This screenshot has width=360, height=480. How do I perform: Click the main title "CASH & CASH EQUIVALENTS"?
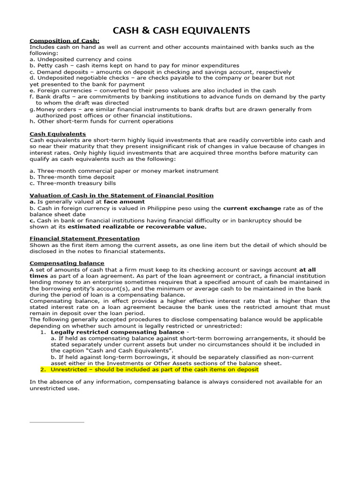pyautogui.click(x=181, y=31)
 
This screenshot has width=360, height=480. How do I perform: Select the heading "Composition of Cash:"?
pyautogui.click(x=65, y=41)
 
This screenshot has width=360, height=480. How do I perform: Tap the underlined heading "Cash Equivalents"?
pyautogui.click(x=58, y=134)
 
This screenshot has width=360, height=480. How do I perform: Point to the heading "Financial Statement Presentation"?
pyautogui.click(x=84, y=239)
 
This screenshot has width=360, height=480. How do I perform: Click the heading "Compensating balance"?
pyautogui.click(x=67, y=263)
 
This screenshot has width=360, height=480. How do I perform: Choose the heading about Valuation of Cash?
pyautogui.click(x=121, y=195)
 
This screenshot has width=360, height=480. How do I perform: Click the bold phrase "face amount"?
pyautogui.click(x=124, y=202)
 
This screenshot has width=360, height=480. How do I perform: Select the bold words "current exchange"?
pyautogui.click(x=252, y=208)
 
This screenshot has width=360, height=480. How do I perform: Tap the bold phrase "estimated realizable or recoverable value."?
pyautogui.click(x=137, y=226)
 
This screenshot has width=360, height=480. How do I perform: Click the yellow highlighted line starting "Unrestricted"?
pyautogui.click(x=155, y=369)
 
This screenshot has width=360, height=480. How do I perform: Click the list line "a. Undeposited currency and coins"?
pyautogui.click(x=80, y=60)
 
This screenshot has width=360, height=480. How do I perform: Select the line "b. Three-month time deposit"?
pyautogui.click(x=72, y=177)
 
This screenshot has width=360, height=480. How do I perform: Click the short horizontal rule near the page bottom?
pyautogui.click(x=57, y=422)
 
